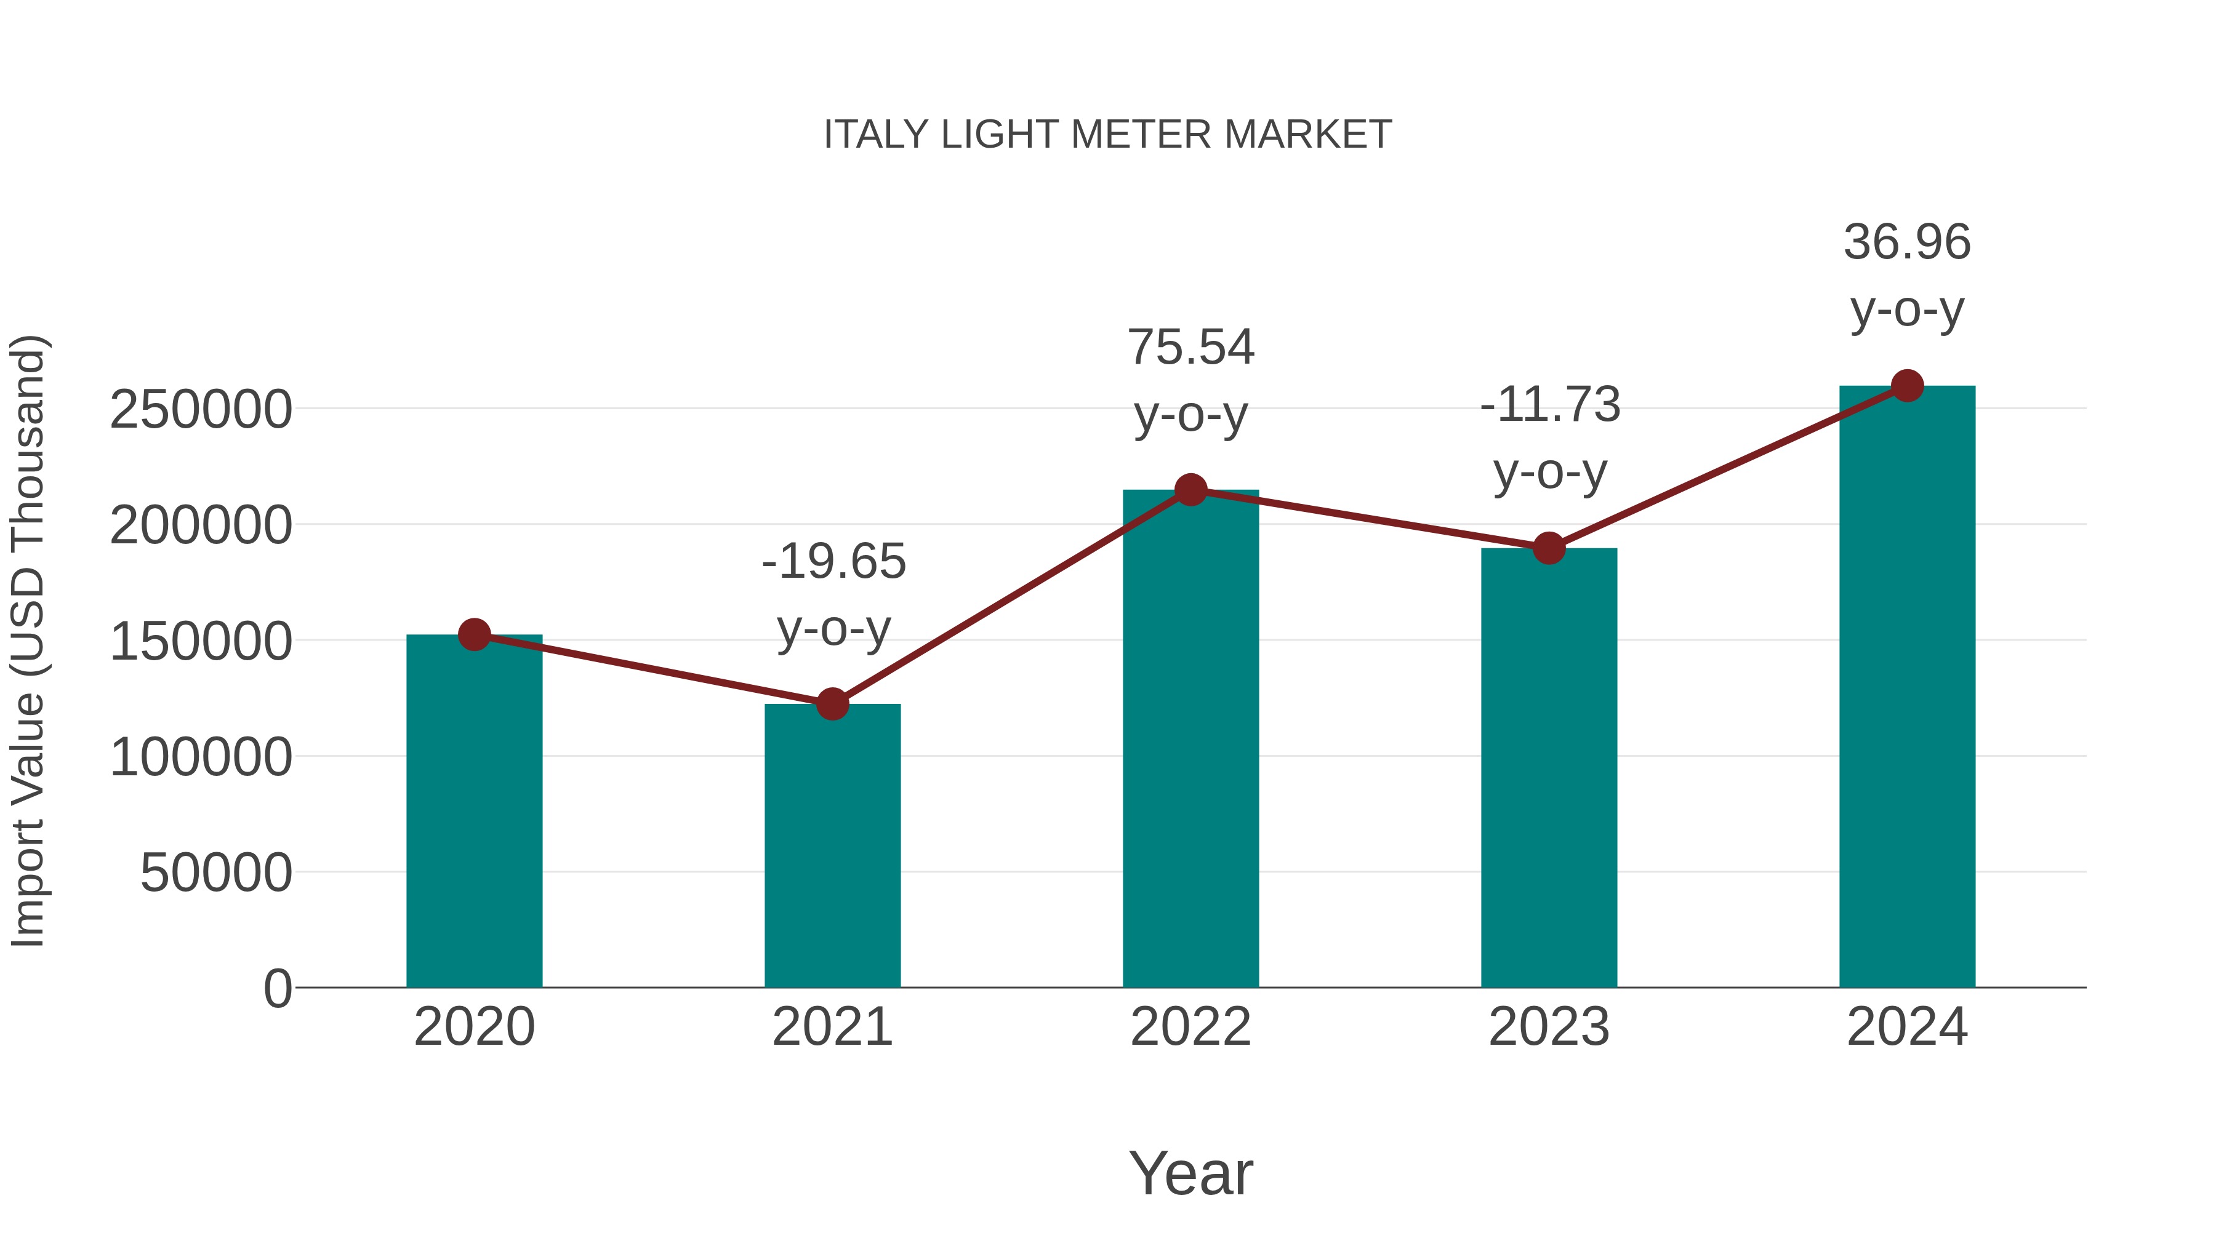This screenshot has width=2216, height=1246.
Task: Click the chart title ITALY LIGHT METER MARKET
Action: coord(1107,135)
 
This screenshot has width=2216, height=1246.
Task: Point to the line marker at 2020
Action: coord(474,636)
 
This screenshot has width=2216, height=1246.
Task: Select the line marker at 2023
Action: coord(1549,548)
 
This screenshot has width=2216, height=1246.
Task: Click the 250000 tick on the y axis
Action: coord(201,410)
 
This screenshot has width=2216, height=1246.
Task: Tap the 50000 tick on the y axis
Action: coord(216,874)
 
